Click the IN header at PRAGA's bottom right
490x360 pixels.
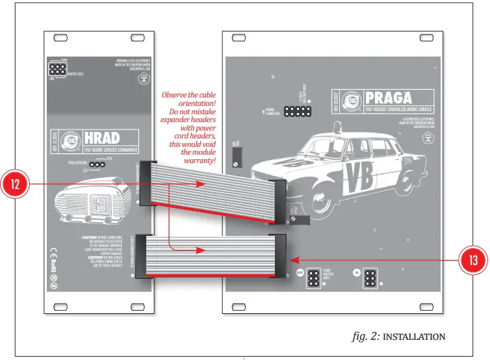pos(372,279)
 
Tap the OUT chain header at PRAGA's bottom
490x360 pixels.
pos(313,279)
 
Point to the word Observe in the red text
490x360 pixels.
pos(181,94)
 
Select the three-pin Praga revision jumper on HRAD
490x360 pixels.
pos(97,164)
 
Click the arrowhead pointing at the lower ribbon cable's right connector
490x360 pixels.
pos(290,259)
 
